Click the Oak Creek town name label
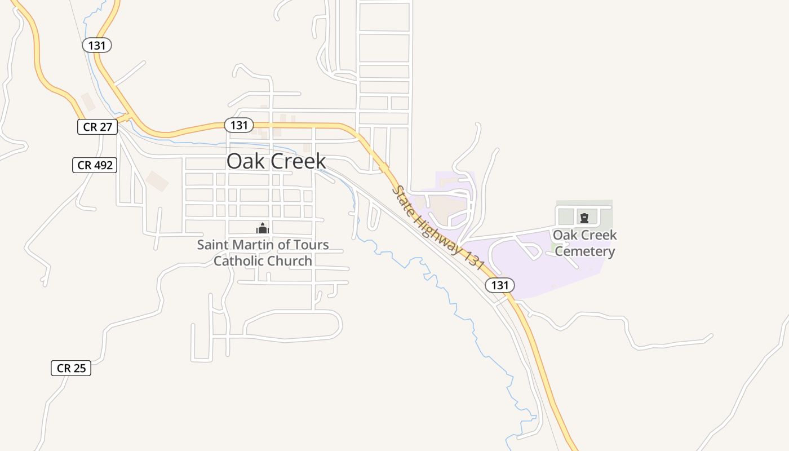[276, 161]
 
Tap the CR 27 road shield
[97, 127]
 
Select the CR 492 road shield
[95, 165]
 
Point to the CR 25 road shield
[71, 368]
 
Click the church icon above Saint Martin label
[263, 228]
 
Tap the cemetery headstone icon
[584, 217]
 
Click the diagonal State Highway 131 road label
[438, 228]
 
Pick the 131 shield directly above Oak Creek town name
[239, 125]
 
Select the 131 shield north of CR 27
[97, 45]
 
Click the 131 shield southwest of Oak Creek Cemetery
[499, 285]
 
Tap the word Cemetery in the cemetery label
[584, 251]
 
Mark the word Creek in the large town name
[298, 161]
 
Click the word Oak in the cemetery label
[564, 235]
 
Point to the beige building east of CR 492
[157, 181]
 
